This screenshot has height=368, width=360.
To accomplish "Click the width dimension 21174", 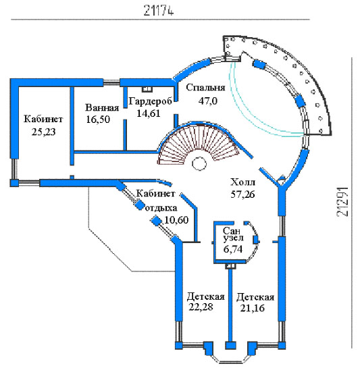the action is pos(159,10).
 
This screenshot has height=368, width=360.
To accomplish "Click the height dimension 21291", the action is pos(342,202).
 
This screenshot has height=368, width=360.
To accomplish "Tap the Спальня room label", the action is pos(205,88).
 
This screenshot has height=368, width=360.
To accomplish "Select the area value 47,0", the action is pos(208,101).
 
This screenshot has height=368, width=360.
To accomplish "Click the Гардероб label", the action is pos(151,101).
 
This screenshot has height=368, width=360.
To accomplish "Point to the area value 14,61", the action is pos(149,113).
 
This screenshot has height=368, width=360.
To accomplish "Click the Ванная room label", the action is pos(102,108).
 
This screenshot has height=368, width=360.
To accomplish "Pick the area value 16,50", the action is pos(98,120).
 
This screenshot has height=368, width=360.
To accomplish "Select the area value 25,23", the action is pos(43,132).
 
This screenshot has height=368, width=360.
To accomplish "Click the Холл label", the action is pos(242,182).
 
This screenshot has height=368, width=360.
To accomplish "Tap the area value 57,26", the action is pos(242,194).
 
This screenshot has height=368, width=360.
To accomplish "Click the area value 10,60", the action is pos(176,220).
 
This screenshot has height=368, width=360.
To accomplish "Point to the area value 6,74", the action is pos(233,249).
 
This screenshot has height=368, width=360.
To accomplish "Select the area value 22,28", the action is pos(201,307).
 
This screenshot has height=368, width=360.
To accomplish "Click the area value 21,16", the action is pos(252,308).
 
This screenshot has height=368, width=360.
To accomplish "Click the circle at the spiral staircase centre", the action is pos(199,163).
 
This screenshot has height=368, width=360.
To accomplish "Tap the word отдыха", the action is pos(161,209).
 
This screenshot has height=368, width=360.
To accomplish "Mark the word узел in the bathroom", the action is pos(233,238).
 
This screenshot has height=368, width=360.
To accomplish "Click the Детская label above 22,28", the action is pos(206,296).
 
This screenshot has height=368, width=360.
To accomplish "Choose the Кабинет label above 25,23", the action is pos(43,119).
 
